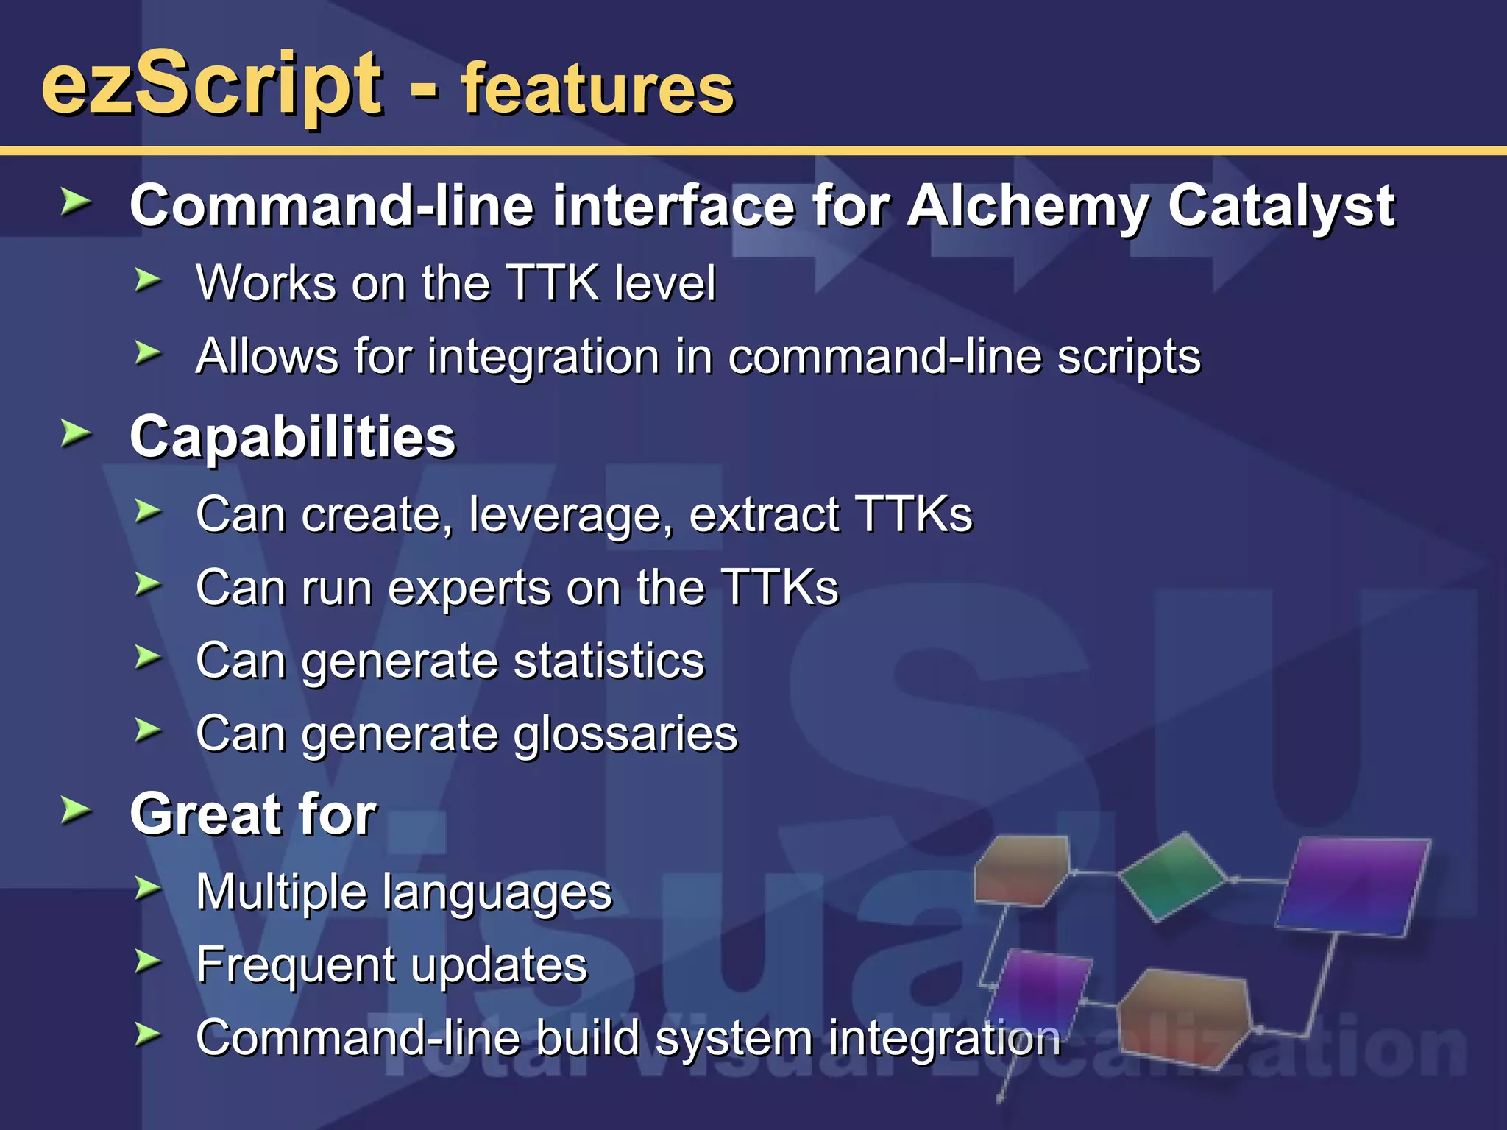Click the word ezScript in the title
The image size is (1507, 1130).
click(212, 85)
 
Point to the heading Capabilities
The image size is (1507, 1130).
click(293, 437)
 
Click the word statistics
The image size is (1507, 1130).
click(609, 660)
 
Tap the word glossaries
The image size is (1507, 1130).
click(625, 733)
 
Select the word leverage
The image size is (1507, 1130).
click(571, 514)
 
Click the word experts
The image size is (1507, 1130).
click(469, 588)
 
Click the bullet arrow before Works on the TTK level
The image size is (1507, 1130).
click(147, 280)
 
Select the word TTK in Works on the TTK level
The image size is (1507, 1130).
click(553, 282)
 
